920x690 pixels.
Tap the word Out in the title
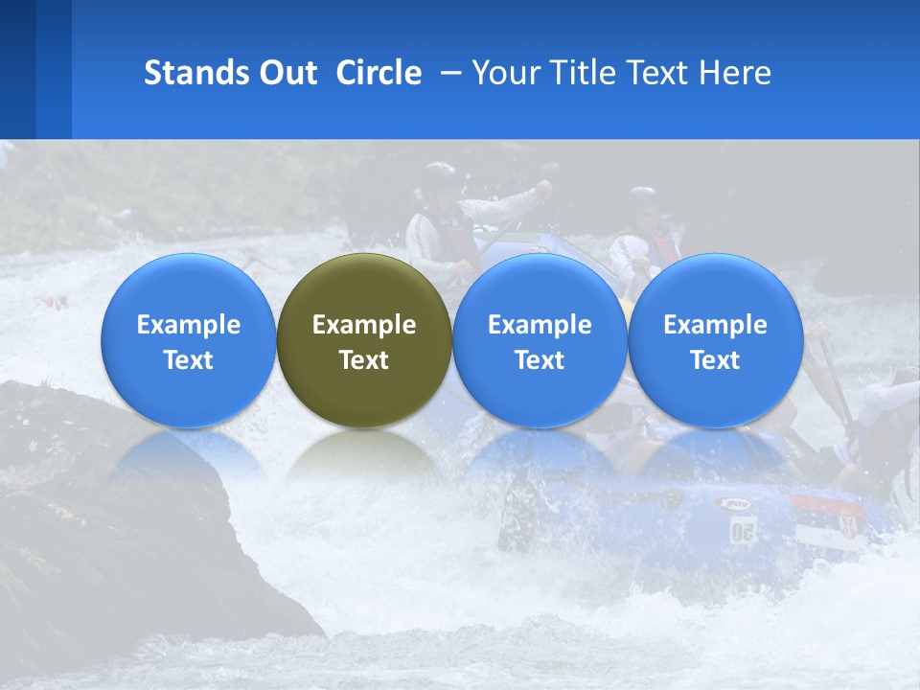point(288,73)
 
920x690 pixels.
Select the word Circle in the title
point(379,73)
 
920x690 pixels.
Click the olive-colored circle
point(364,340)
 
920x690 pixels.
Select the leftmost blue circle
point(189,340)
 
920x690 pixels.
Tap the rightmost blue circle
point(715,340)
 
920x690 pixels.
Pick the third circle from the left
point(540,340)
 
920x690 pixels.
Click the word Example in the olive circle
point(364,325)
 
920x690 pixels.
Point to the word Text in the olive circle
point(364,360)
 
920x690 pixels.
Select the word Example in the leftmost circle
point(189,325)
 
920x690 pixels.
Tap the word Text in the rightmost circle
point(715,360)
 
